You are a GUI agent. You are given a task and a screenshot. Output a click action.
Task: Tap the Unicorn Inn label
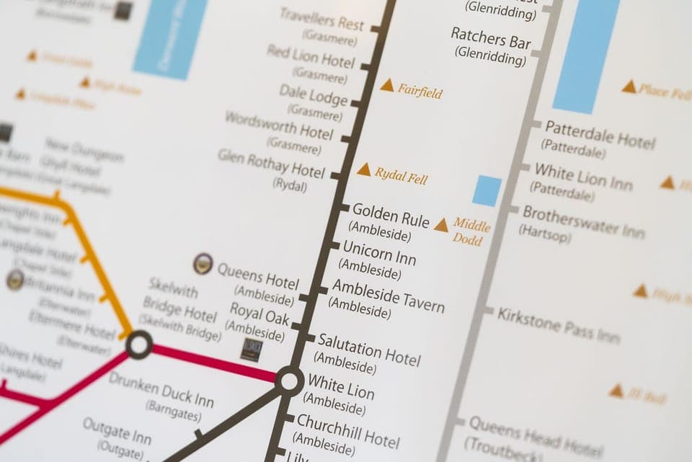[x=379, y=252]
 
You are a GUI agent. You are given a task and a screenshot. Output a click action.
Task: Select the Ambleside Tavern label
[x=388, y=296]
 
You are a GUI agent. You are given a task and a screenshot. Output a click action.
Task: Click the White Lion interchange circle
[x=290, y=381]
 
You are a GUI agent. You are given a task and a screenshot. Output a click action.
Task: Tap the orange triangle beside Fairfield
[x=387, y=86]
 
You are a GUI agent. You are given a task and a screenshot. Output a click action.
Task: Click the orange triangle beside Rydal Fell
[x=364, y=170]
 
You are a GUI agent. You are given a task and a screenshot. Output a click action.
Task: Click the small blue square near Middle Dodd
[x=487, y=191]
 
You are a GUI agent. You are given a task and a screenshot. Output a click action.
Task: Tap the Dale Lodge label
[x=314, y=95]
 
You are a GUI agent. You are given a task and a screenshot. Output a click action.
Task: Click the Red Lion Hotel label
[x=311, y=56]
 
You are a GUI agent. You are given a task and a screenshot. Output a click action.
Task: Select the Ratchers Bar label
[x=491, y=39]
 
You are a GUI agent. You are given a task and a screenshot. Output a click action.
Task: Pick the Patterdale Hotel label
[x=600, y=133]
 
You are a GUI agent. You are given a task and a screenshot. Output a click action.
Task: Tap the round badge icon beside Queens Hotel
[x=203, y=264]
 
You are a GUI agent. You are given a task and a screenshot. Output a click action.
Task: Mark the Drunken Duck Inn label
[x=161, y=388]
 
